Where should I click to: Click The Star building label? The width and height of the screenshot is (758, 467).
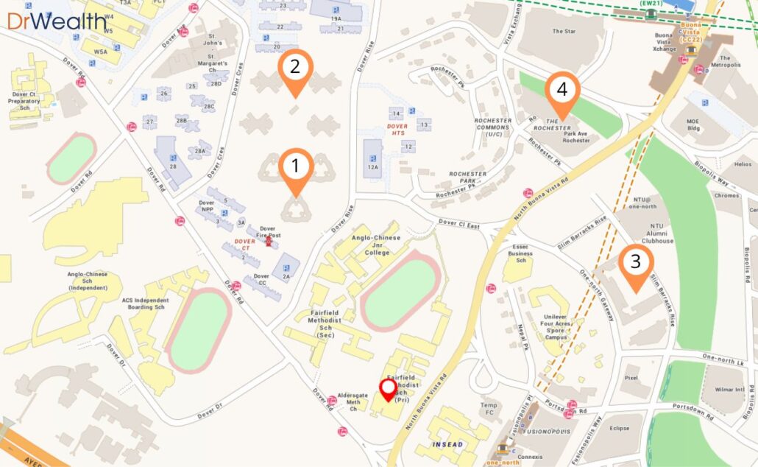(x=564, y=32)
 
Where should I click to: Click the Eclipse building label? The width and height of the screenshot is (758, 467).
(x=619, y=427)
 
